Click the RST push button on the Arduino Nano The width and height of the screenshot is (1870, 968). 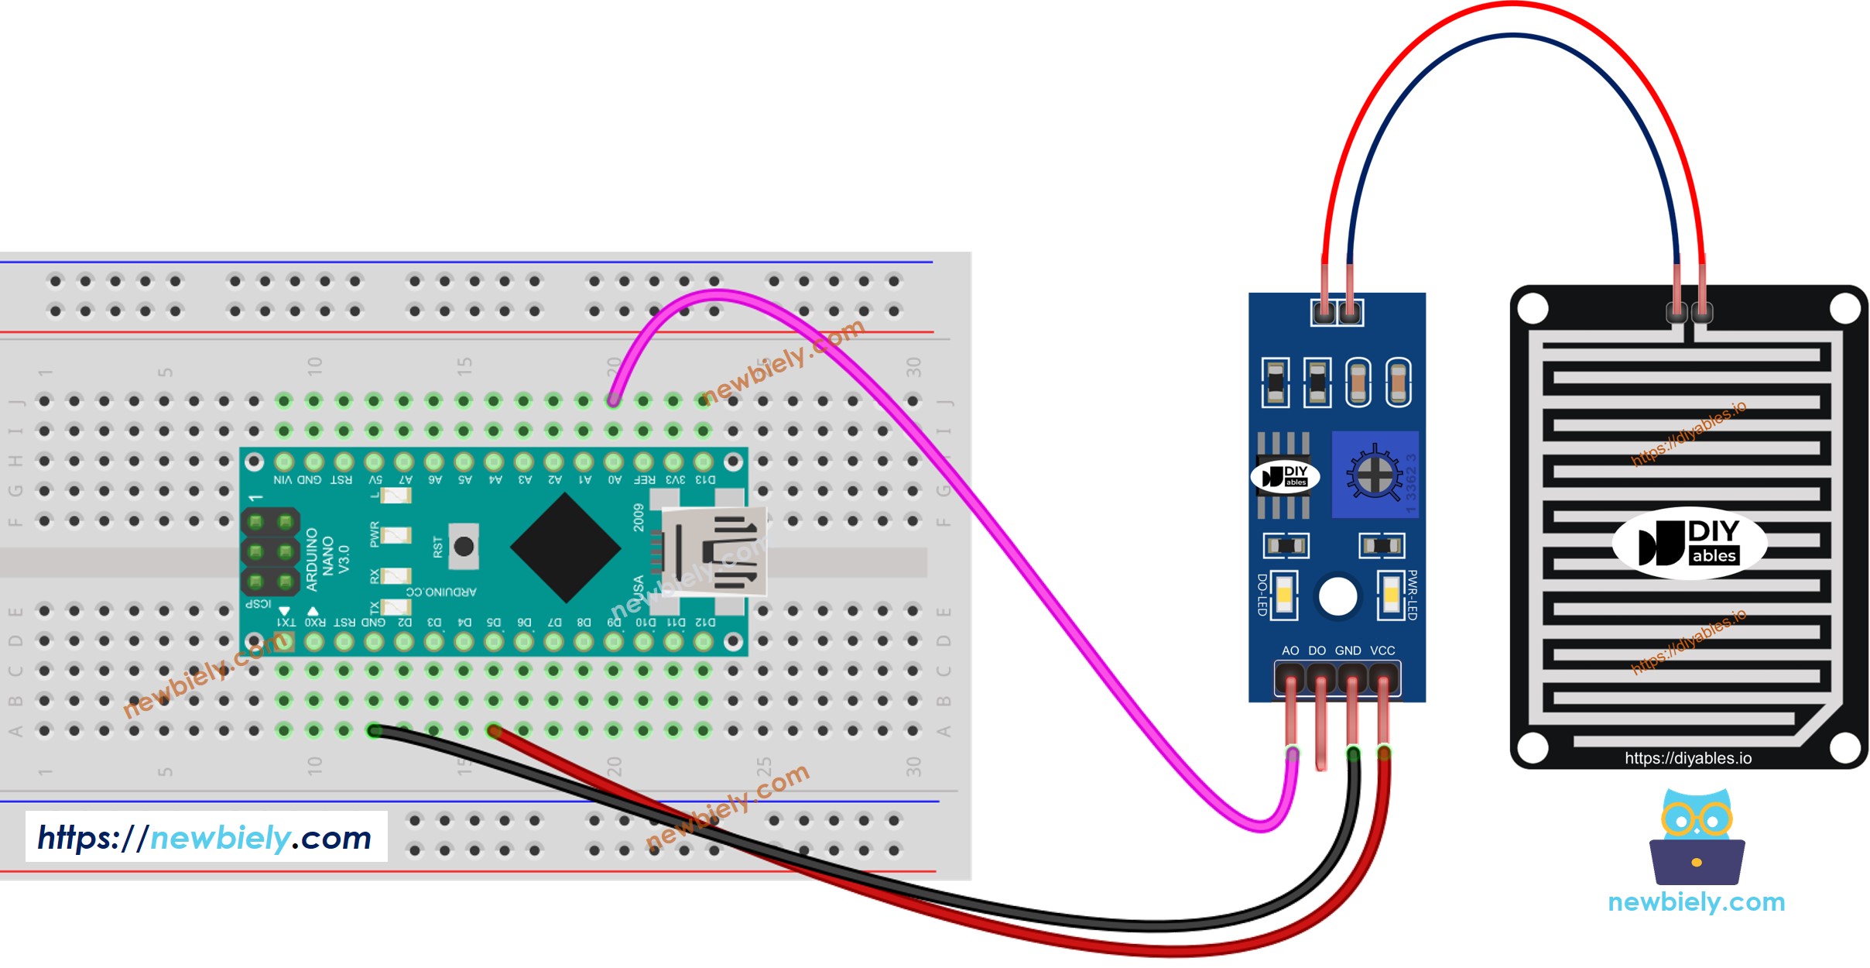pyautogui.click(x=464, y=547)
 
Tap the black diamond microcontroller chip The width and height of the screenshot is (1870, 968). pyautogui.click(x=566, y=548)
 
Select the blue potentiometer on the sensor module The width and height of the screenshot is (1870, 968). pyautogui.click(x=1375, y=475)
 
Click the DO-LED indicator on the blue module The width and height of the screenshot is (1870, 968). pyautogui.click(x=1285, y=595)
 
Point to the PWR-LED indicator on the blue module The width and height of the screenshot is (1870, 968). pyautogui.click(x=1391, y=595)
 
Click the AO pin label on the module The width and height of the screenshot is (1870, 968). pyautogui.click(x=1290, y=650)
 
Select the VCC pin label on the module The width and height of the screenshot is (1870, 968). pyautogui.click(x=1382, y=650)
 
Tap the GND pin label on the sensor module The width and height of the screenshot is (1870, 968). pyautogui.click(x=1348, y=650)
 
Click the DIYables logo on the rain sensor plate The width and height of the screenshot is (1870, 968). pyautogui.click(x=1689, y=543)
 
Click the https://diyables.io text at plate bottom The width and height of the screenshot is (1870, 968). pyautogui.click(x=1688, y=758)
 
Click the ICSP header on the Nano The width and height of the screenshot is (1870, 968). pyautogui.click(x=270, y=551)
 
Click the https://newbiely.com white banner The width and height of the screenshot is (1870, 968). pyautogui.click(x=206, y=837)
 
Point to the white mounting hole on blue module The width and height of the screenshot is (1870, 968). pyautogui.click(x=1337, y=597)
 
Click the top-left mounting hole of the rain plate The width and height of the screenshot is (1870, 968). pyautogui.click(x=1533, y=309)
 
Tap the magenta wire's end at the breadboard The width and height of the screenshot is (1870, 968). pyautogui.click(x=613, y=400)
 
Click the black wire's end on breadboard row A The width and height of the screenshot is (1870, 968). pyautogui.click(x=375, y=730)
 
